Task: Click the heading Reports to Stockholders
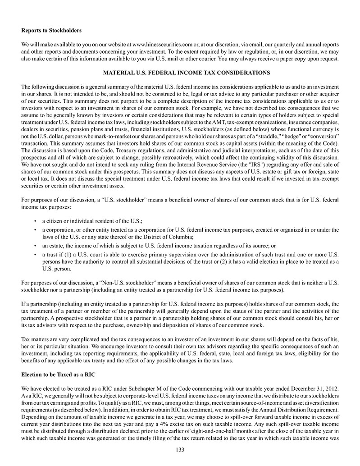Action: coord(51,31)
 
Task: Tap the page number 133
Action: coord(180,449)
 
